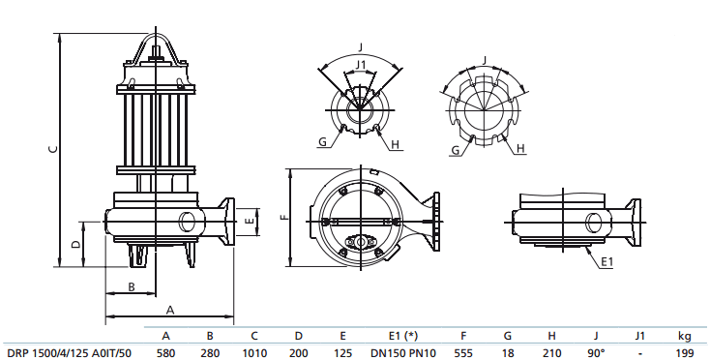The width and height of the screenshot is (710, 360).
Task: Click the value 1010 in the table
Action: (254, 352)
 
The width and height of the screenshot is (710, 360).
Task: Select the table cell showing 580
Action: (165, 352)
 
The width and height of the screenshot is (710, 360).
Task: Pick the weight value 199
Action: (684, 352)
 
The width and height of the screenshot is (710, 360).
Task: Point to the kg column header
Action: (684, 336)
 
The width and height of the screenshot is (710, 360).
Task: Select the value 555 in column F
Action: (463, 352)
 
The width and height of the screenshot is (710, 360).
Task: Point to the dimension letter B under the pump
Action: (131, 285)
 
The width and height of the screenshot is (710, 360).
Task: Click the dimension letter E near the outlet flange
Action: (250, 222)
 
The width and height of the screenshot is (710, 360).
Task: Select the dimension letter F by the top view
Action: (283, 217)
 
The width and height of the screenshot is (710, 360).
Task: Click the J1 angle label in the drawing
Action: (360, 65)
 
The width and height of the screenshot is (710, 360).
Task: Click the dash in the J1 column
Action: (639, 352)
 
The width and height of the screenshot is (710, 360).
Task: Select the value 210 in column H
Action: (550, 352)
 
